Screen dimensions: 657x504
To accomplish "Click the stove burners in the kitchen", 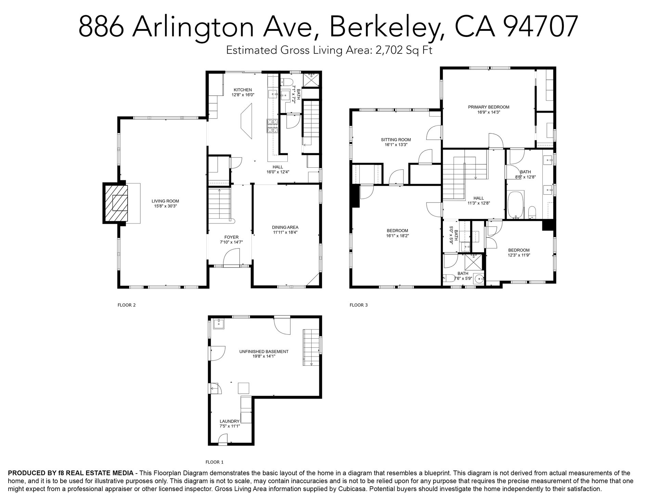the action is pos(273,126).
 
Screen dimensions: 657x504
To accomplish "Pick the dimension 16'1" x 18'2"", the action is pos(397,235).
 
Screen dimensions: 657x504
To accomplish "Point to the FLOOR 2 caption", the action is pos(127,305).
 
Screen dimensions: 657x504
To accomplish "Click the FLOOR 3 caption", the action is pos(359,305).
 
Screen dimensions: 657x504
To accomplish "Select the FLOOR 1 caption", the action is pos(215,462).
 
